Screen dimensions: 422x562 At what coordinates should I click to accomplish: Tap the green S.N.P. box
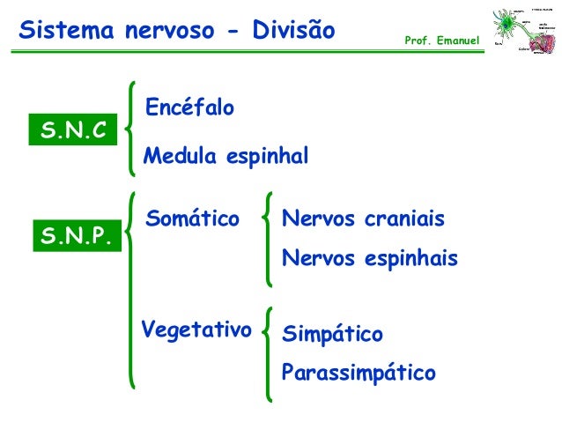(x=78, y=237)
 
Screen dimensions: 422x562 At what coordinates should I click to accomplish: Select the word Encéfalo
(x=189, y=108)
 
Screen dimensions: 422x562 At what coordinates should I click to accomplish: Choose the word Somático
(x=192, y=218)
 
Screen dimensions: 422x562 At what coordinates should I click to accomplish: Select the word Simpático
(x=332, y=336)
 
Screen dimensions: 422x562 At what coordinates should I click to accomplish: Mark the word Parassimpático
(x=358, y=373)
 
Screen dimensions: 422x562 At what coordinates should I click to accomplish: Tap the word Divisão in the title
(x=292, y=32)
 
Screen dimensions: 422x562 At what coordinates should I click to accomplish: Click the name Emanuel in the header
(x=455, y=41)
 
